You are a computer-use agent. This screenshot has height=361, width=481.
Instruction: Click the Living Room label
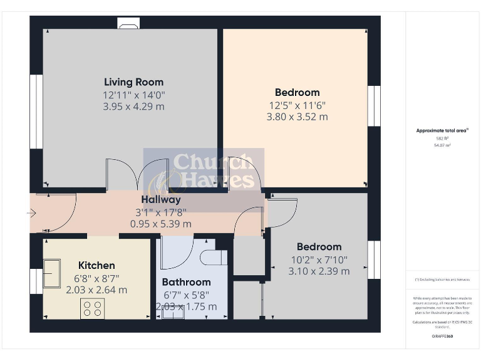(133, 82)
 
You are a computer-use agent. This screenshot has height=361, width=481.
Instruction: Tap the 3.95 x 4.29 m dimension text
(133, 107)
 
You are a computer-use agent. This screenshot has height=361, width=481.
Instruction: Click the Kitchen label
(96, 265)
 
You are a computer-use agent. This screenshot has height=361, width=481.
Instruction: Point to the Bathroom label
(186, 282)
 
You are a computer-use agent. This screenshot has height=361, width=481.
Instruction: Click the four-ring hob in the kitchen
(93, 308)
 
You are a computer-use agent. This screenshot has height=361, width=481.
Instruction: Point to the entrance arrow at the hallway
(31, 214)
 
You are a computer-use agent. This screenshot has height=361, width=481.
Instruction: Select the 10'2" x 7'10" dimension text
(319, 259)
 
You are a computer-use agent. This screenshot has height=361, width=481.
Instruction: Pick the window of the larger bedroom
(374, 106)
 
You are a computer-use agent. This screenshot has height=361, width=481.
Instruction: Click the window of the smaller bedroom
(374, 259)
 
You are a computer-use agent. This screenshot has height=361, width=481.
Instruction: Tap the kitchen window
(36, 281)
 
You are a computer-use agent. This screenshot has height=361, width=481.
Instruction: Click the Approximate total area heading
(443, 131)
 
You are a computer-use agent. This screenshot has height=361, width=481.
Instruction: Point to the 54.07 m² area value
(443, 145)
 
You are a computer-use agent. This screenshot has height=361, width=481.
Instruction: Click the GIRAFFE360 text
(443, 337)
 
